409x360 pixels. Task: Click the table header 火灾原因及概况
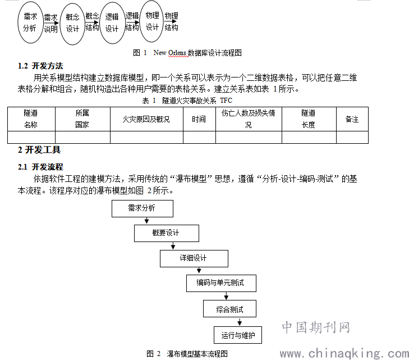[146, 119]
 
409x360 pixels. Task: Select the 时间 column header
[199, 119]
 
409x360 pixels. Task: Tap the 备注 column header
[352, 119]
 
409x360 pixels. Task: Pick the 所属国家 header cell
[82, 119]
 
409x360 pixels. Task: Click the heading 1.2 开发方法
[40, 66]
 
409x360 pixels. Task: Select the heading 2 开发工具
[39, 150]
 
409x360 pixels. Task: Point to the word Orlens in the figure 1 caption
[177, 53]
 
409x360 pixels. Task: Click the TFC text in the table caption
[226, 101]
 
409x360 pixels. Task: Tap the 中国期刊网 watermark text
[316, 327]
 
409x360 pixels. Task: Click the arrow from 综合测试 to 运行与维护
[240, 322]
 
